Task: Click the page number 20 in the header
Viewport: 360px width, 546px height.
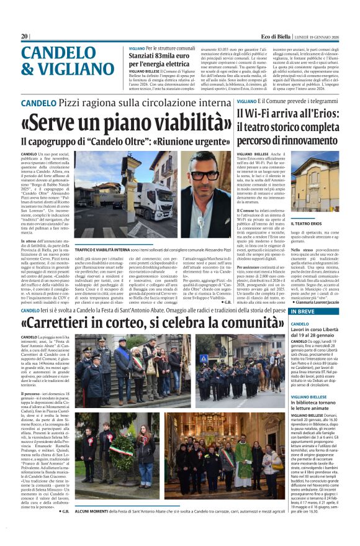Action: tap(24, 37)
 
